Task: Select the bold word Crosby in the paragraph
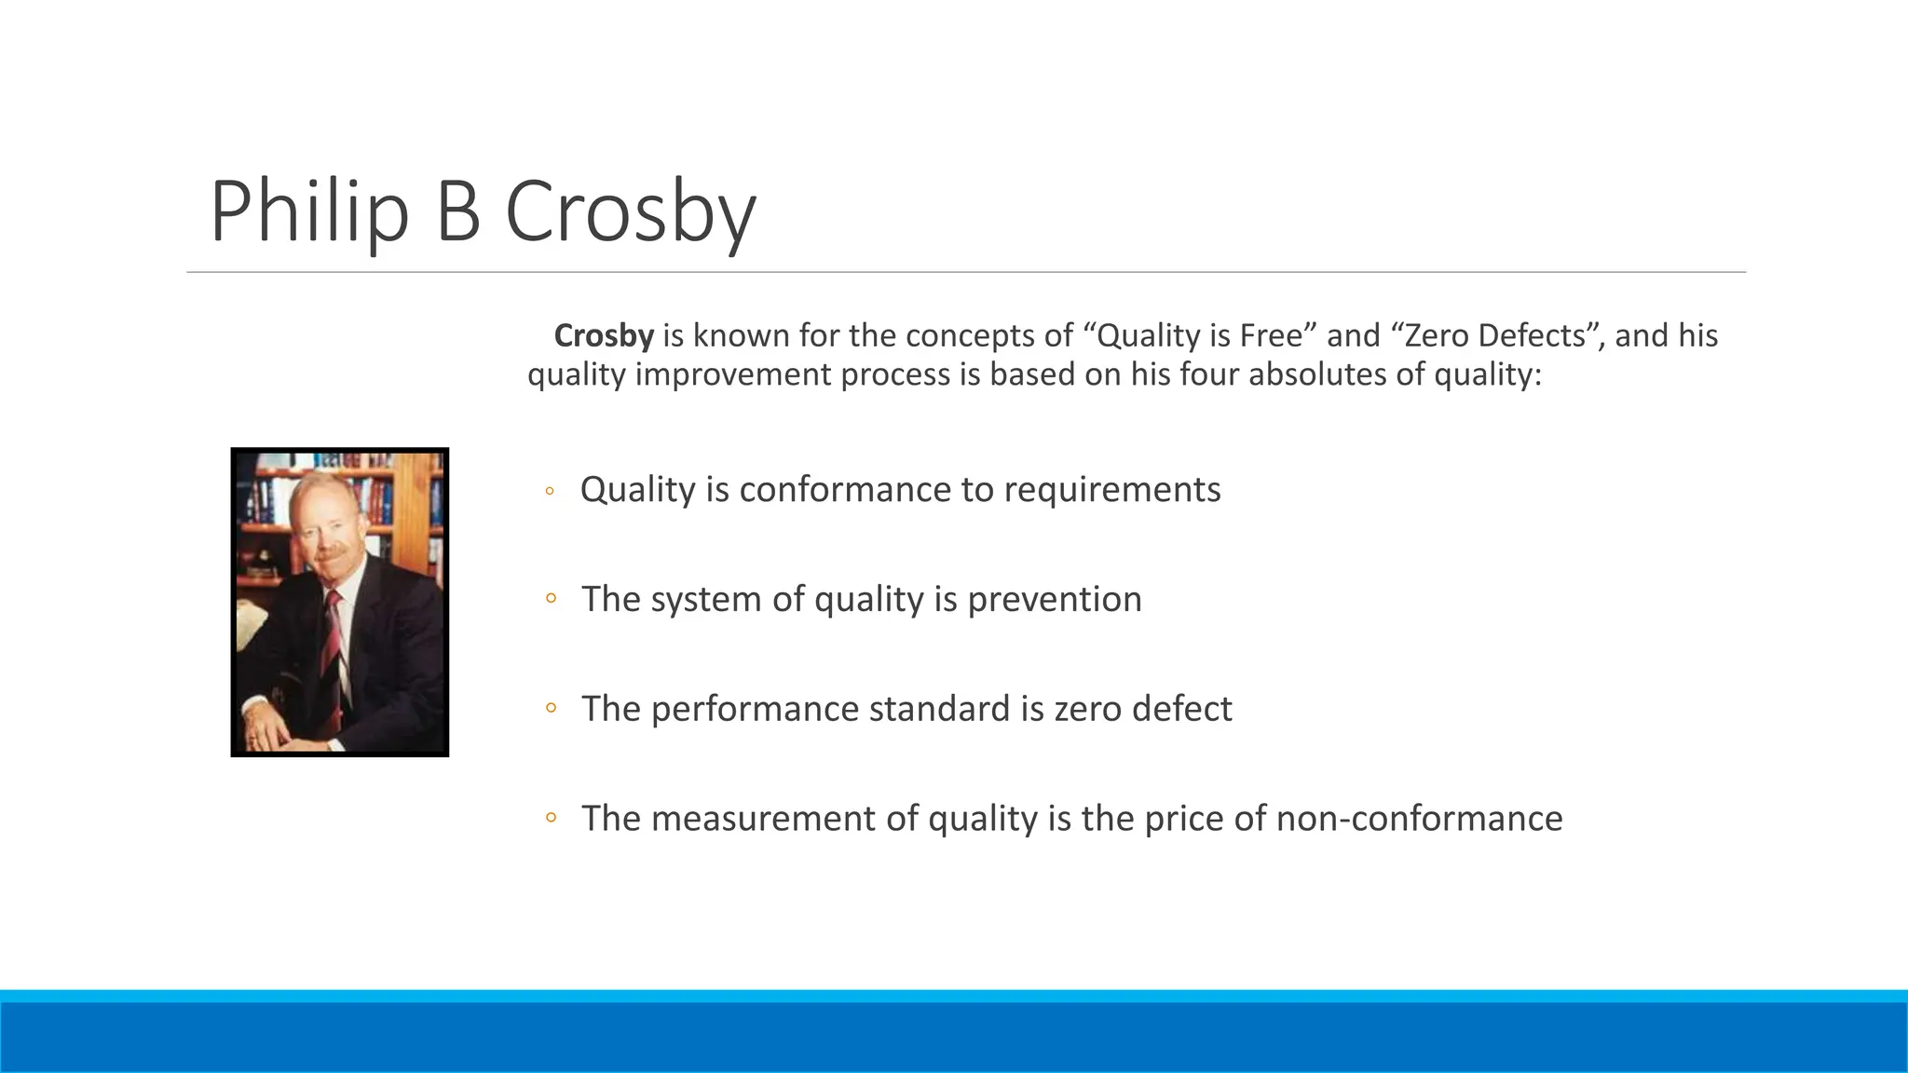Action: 604,335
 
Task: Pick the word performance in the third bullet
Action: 755,710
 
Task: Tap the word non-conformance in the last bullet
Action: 1419,819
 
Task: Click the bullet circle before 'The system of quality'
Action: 551,599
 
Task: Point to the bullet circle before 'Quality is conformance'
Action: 550,490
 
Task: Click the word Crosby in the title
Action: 630,212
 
